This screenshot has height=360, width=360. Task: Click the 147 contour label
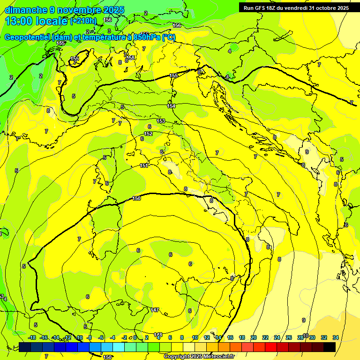point(155,310)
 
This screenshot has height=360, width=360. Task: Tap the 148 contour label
point(158,335)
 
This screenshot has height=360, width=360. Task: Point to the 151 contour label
point(144,165)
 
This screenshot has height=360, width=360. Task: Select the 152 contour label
point(148,134)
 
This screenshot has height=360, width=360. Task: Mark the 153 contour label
point(161,121)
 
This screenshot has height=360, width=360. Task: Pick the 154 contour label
point(171,106)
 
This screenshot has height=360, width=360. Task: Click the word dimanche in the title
point(26,10)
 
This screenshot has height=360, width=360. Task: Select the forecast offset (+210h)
point(83,21)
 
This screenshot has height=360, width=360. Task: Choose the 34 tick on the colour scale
point(336,337)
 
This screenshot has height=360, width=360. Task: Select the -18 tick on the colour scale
point(32,337)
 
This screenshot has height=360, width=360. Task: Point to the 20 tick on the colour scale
point(254,337)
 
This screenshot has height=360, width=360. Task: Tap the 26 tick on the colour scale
point(289,337)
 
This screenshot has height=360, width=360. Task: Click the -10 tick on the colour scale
point(79,337)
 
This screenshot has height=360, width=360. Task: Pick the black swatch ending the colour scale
point(330,347)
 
